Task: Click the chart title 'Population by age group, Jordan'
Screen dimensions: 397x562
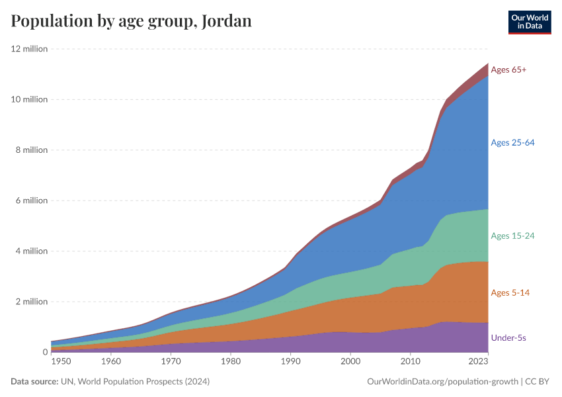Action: click(131, 21)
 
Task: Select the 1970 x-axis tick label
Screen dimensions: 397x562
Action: click(171, 361)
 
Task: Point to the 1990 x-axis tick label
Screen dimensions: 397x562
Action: click(290, 361)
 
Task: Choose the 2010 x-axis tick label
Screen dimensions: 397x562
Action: click(410, 361)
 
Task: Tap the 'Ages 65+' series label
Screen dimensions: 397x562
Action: click(508, 69)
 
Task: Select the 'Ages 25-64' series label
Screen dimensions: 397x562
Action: click(512, 142)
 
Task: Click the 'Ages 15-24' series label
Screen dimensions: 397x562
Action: click(512, 236)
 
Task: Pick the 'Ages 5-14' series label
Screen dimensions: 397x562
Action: click(510, 292)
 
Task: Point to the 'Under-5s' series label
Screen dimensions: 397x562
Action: click(508, 337)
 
